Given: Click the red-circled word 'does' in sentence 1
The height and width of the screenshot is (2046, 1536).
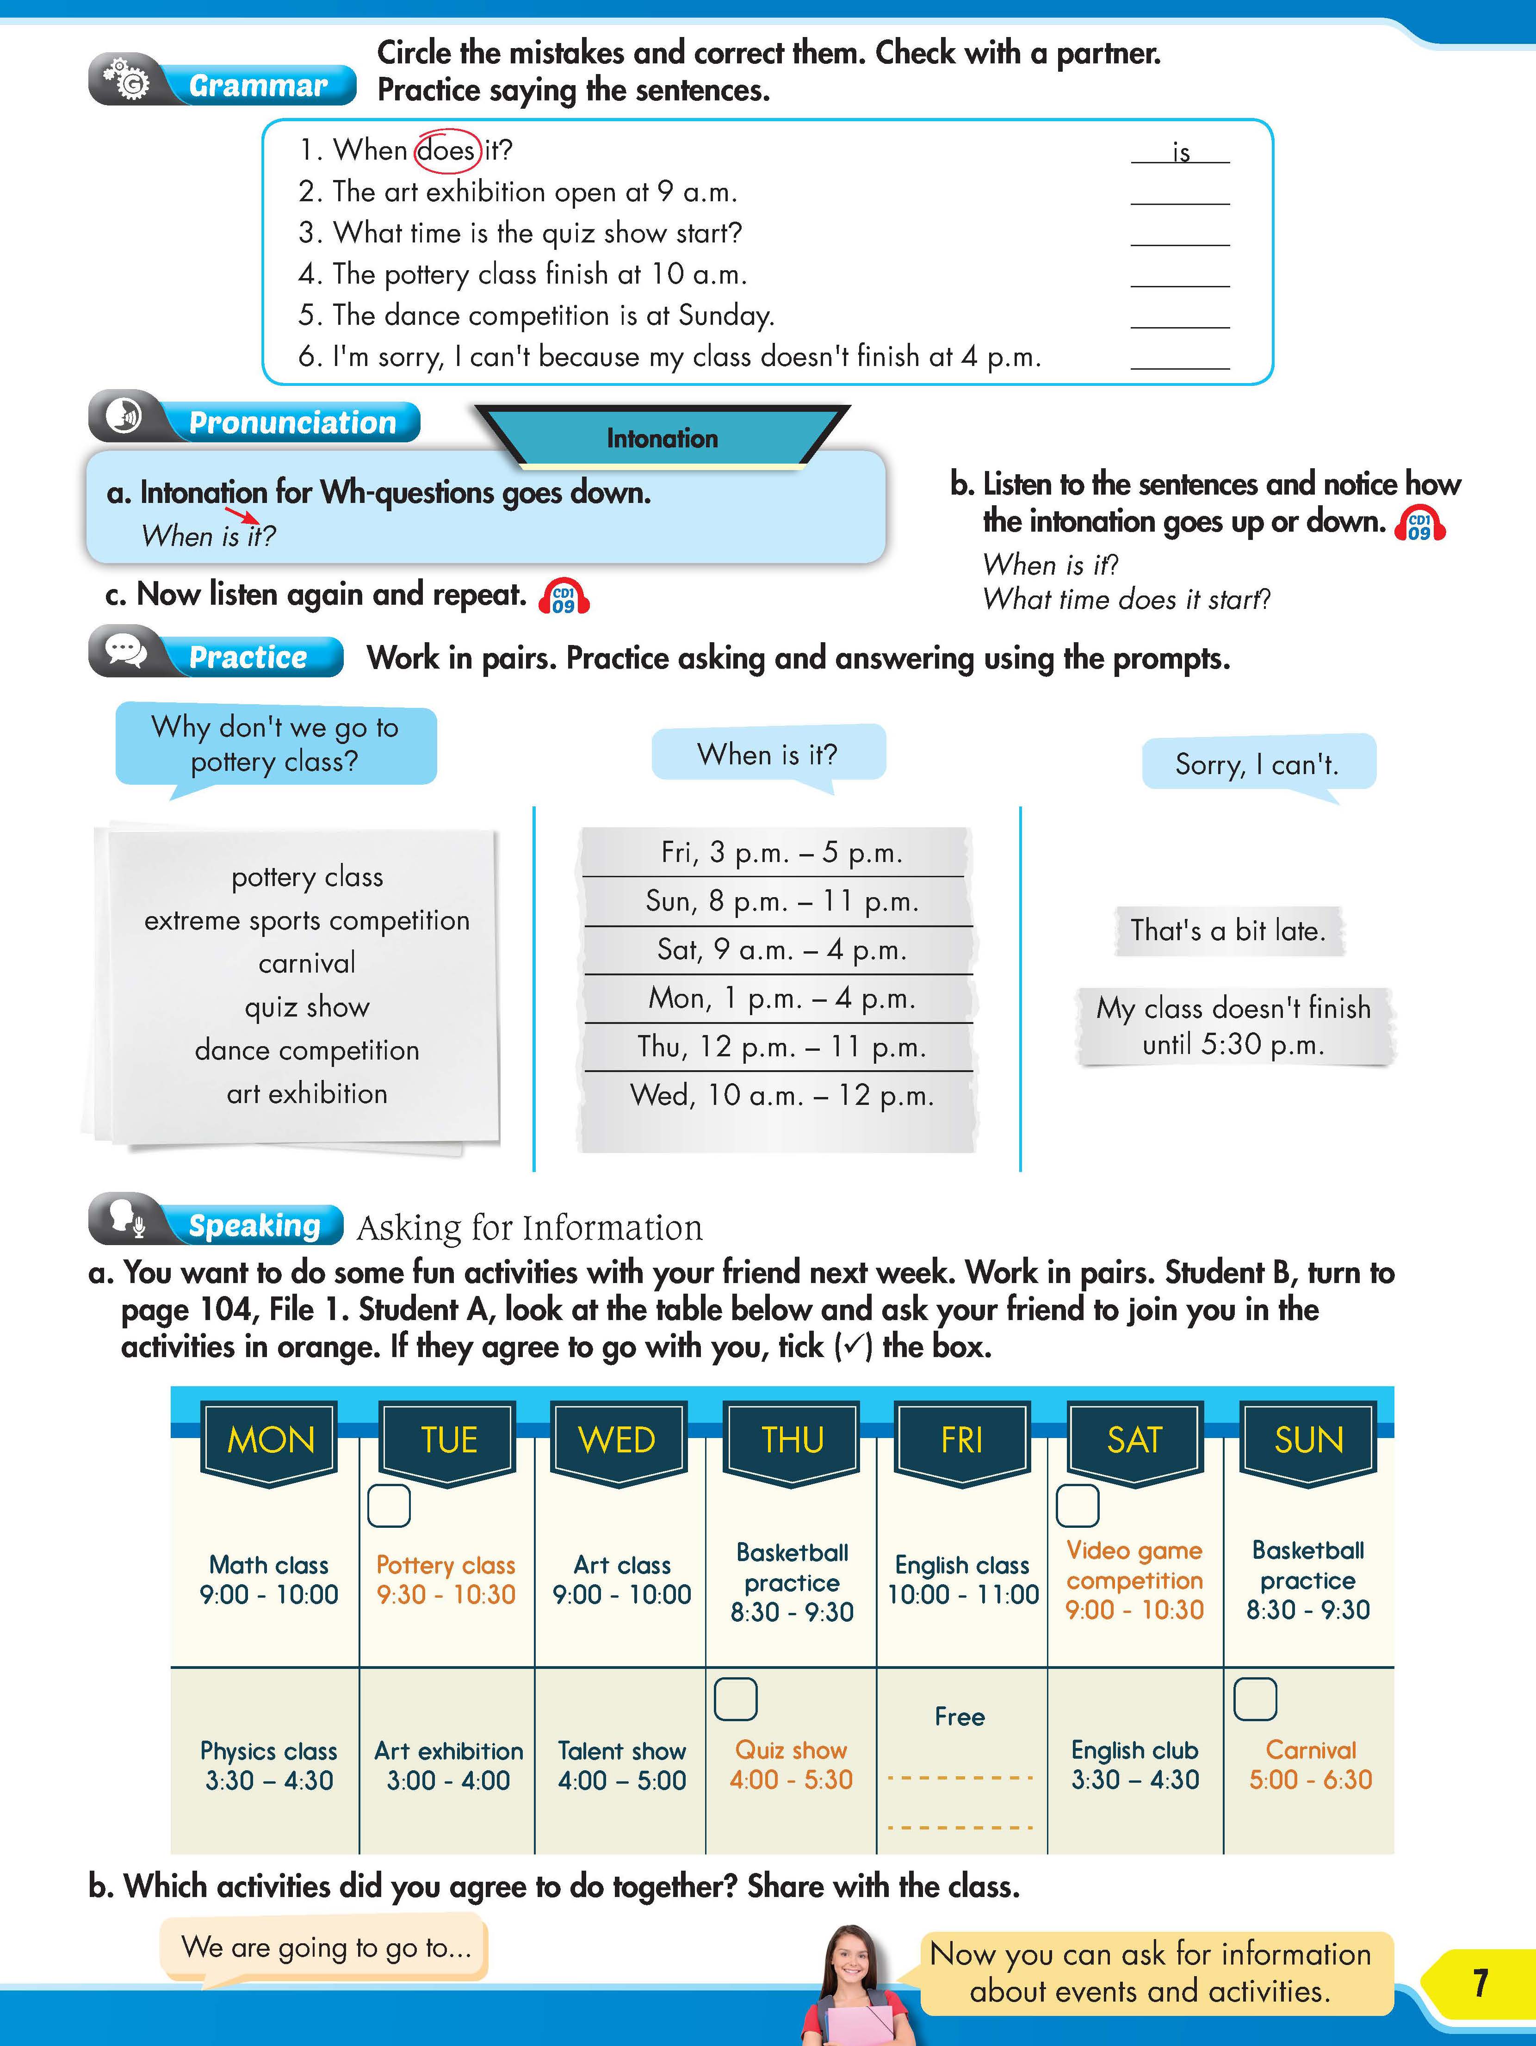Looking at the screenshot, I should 446,150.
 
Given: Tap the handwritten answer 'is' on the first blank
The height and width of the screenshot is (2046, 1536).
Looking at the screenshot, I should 1181,153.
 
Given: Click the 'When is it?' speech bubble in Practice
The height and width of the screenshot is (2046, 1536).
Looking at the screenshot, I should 768,754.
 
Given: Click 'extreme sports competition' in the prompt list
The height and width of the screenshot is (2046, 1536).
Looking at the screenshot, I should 307,920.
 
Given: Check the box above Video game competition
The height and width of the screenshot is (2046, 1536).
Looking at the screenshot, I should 1078,1506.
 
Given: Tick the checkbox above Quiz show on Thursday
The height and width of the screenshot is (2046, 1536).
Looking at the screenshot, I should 735,1698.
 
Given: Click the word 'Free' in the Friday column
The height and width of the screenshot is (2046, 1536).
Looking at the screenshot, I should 960,1717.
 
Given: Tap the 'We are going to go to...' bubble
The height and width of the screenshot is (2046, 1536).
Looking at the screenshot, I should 326,1947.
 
